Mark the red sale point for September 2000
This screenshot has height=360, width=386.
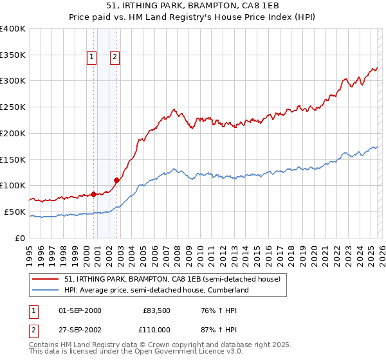(x=93, y=194)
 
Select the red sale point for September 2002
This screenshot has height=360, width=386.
(x=116, y=180)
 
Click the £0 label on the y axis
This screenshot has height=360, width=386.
(x=20, y=238)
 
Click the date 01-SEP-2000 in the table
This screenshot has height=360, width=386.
(x=80, y=310)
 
